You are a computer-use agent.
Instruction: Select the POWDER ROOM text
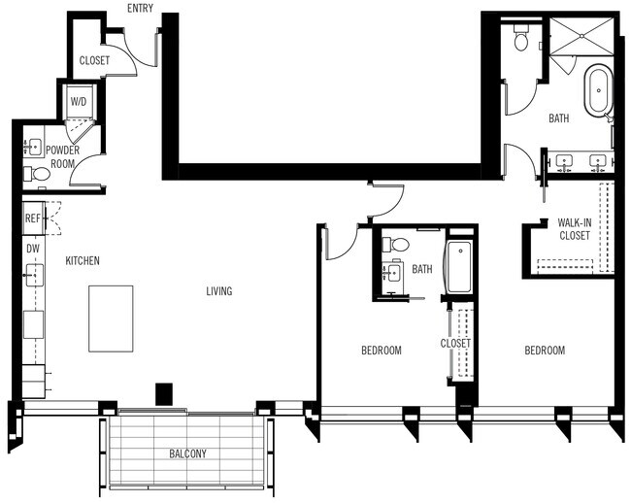pyautogui.click(x=61, y=156)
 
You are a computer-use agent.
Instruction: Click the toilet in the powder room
pyautogui.click(x=38, y=175)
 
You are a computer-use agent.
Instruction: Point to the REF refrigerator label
pyautogui.click(x=32, y=219)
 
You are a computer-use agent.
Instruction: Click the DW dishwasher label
pyautogui.click(x=32, y=250)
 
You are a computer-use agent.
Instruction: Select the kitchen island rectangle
pyautogui.click(x=111, y=318)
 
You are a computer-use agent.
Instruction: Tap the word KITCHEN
pyautogui.click(x=83, y=261)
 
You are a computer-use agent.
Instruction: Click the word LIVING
pyautogui.click(x=218, y=290)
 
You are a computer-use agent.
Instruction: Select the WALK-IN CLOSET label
pyautogui.click(x=575, y=228)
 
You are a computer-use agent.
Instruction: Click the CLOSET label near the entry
pyautogui.click(x=94, y=60)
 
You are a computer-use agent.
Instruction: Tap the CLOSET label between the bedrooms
pyautogui.click(x=455, y=343)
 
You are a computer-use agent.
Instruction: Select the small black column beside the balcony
pyautogui.click(x=164, y=393)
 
